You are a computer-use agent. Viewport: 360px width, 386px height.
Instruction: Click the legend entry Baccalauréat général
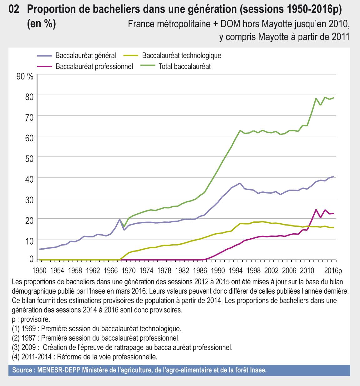tap(85, 56)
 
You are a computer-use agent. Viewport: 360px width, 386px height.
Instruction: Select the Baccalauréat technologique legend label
tap(181, 56)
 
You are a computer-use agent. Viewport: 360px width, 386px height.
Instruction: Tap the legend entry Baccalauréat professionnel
tap(94, 66)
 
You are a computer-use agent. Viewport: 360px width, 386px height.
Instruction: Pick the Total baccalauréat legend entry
tap(185, 66)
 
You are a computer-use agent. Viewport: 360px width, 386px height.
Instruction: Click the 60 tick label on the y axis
tap(29, 136)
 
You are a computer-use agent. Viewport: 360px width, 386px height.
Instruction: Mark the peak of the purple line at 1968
tap(119, 220)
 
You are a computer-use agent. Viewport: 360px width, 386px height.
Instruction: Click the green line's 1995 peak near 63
tap(240, 130)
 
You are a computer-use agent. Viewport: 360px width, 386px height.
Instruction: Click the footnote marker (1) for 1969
tap(15, 329)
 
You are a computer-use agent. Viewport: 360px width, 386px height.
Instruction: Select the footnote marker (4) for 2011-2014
tap(15, 357)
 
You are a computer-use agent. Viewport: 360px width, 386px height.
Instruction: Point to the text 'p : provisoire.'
tap(31, 320)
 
